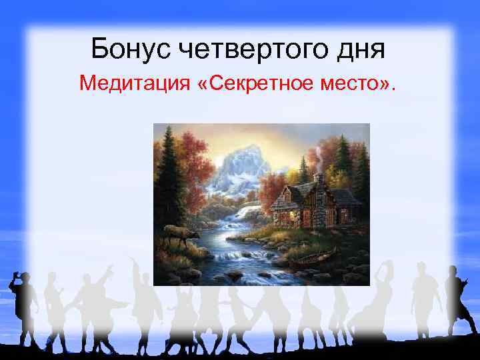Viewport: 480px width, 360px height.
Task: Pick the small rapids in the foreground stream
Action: click(x=240, y=257)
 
